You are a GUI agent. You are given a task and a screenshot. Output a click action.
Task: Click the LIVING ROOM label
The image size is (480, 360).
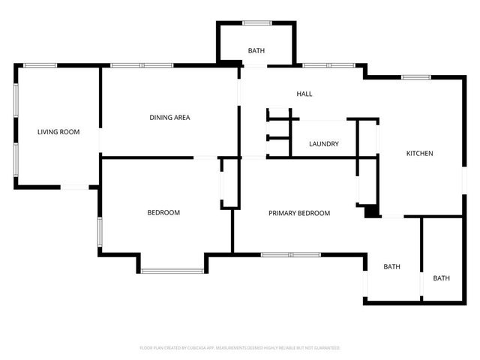(x=58, y=132)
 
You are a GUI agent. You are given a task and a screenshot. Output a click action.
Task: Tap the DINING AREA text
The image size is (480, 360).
(x=169, y=117)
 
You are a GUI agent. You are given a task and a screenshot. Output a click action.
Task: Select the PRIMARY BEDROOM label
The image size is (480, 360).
(x=299, y=213)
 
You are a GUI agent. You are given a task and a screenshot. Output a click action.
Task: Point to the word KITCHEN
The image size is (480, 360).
(x=419, y=154)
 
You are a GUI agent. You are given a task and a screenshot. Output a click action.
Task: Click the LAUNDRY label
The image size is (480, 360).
(x=324, y=144)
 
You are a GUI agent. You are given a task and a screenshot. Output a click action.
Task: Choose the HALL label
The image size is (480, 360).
(x=304, y=94)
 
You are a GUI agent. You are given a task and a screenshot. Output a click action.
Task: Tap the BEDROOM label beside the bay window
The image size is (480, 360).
(x=163, y=213)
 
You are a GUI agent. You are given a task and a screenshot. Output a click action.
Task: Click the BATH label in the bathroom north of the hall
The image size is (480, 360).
(x=256, y=51)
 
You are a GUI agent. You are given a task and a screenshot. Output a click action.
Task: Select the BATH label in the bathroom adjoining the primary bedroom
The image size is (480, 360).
(x=391, y=267)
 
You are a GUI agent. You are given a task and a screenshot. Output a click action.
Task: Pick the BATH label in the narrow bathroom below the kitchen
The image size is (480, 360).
(x=441, y=278)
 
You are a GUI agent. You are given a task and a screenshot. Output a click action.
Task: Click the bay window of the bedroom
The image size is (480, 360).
(x=172, y=271)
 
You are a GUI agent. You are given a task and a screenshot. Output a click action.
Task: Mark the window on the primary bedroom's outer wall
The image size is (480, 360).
(x=291, y=255)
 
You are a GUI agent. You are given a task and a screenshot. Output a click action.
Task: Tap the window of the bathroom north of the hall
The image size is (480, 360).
(x=256, y=22)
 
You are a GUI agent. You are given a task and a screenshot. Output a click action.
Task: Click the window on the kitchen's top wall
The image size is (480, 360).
(x=415, y=77)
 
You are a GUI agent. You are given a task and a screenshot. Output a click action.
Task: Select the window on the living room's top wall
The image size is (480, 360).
(x=40, y=65)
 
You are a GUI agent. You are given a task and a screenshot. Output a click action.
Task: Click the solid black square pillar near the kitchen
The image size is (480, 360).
(x=370, y=212)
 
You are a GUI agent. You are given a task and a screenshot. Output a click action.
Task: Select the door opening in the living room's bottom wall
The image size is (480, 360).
(x=75, y=187)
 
